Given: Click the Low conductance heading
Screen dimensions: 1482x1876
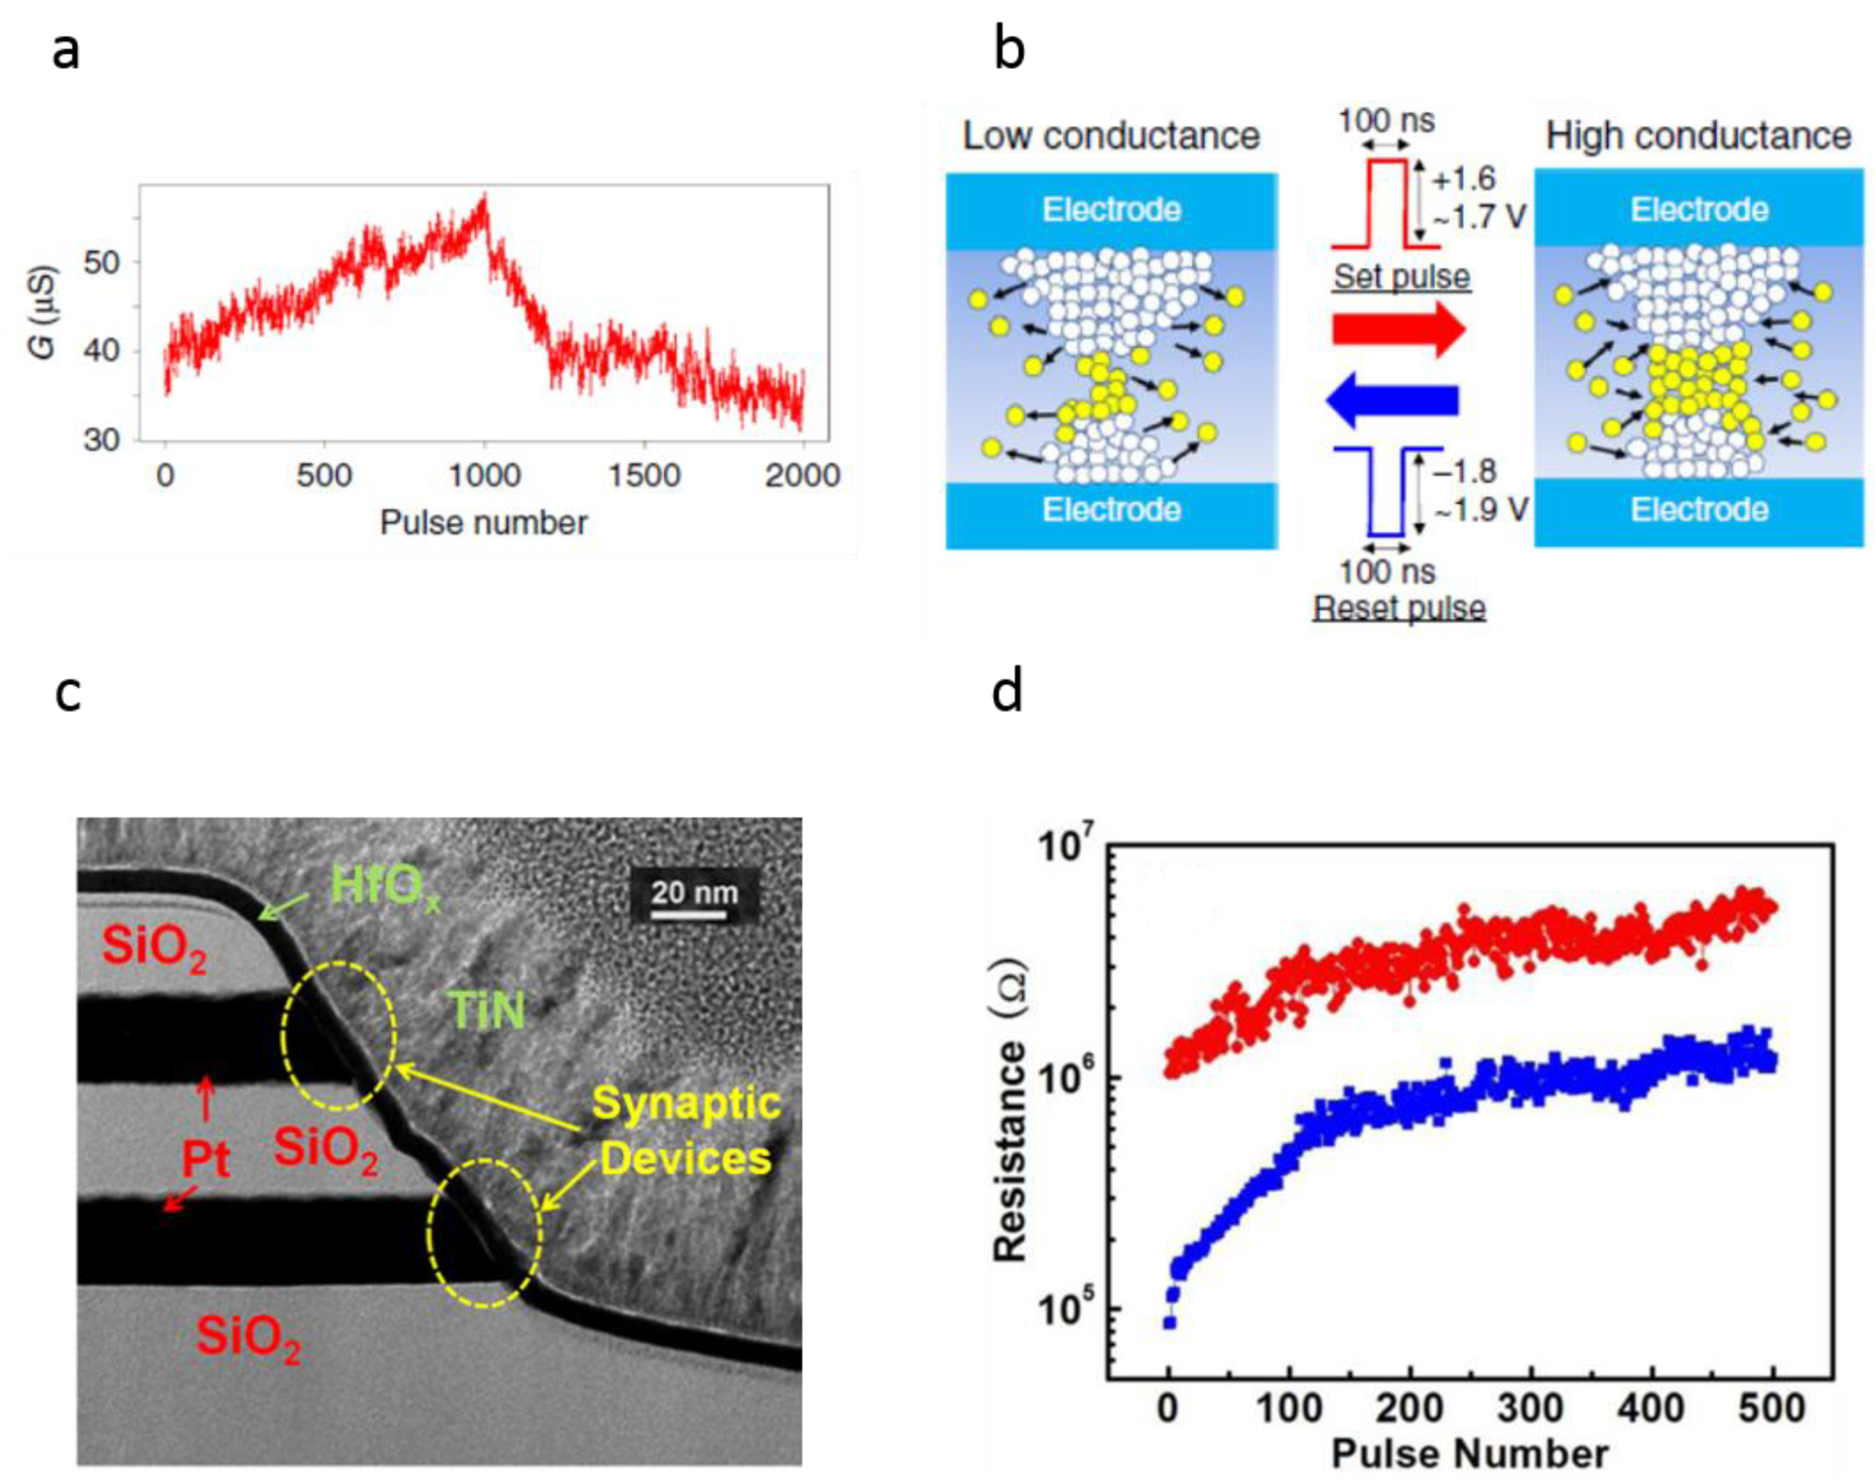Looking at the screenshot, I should coord(1111,136).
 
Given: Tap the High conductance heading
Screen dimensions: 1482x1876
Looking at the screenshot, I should coord(1698,136).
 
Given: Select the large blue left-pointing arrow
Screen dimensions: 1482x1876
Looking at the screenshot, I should coord(1392,400).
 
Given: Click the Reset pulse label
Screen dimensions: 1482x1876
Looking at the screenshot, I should coord(1399,607).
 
